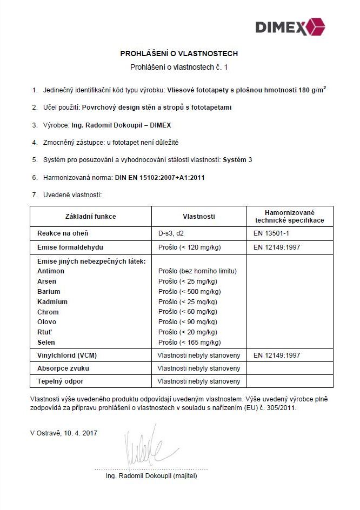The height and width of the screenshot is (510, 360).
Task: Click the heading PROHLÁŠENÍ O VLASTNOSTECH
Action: (x=179, y=54)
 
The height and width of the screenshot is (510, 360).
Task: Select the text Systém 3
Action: (x=238, y=160)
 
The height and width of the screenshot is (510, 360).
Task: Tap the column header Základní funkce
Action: (x=90, y=217)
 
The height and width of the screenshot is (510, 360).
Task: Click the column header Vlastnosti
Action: (x=199, y=217)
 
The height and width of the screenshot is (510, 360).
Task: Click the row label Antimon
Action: (x=51, y=271)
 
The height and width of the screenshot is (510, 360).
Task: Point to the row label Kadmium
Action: (x=52, y=301)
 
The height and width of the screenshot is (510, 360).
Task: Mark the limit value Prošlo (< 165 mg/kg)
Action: (x=189, y=343)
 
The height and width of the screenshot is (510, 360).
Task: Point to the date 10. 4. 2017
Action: (x=81, y=433)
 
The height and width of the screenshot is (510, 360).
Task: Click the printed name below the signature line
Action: (x=151, y=476)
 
